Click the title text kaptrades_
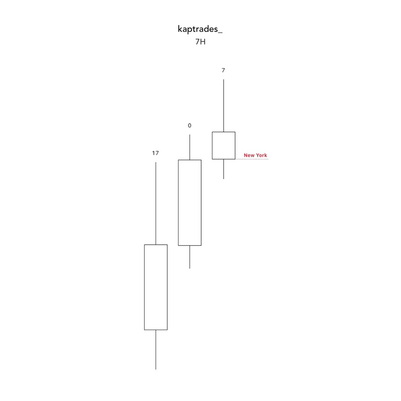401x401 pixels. [200, 29]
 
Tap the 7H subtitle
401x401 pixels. [200, 42]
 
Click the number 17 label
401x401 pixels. [155, 153]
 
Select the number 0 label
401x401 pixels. [189, 126]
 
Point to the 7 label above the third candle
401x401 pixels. [223, 70]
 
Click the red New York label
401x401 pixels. [255, 155]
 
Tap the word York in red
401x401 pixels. [261, 155]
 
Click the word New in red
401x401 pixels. [249, 155]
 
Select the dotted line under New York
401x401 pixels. [252, 159]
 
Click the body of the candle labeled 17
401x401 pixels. [156, 287]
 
